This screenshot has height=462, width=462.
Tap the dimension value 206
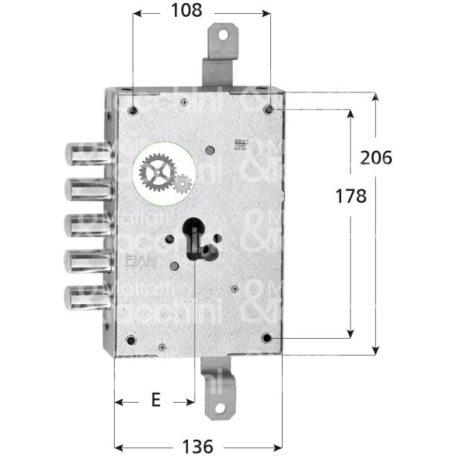point(376,157)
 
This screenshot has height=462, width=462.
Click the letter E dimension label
point(155,401)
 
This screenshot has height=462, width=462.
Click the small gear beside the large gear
point(182,184)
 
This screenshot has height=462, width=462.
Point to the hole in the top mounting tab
point(224,34)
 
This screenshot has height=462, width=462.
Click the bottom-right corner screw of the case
point(267,338)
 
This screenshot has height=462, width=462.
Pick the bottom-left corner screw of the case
point(130,340)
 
